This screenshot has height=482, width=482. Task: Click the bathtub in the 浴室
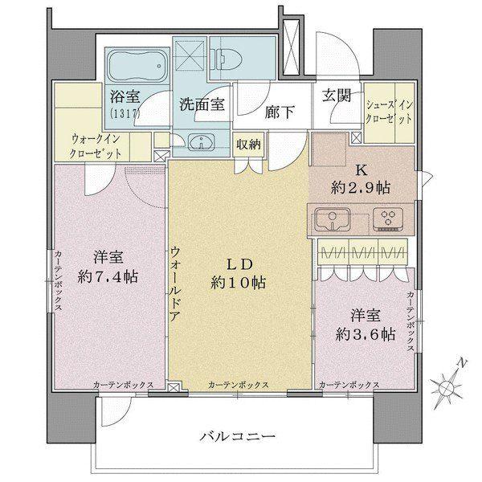coord(137,63)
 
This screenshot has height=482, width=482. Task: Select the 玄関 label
coord(337,95)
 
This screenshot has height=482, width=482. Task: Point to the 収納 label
coord(247,145)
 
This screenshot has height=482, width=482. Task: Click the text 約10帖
coord(239,283)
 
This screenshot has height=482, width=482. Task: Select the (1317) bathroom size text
coord(125,112)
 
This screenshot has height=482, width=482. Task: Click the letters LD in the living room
coord(239,264)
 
